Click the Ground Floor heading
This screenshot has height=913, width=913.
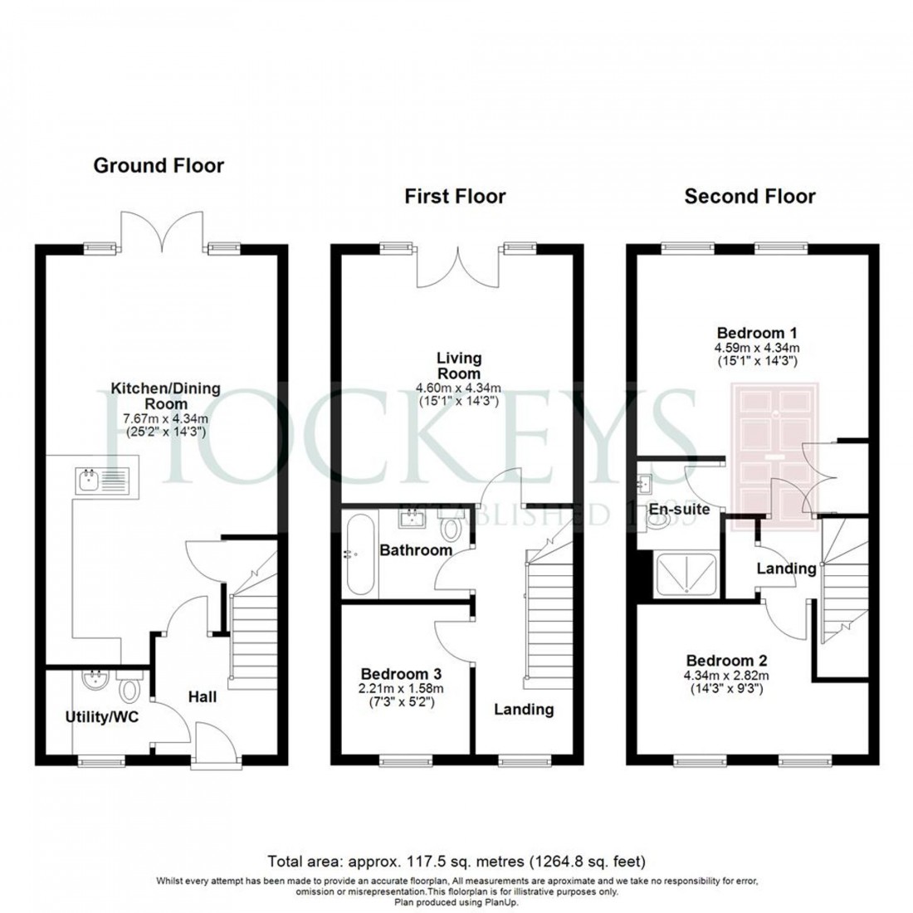tap(158, 165)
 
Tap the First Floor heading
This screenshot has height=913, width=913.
tap(455, 196)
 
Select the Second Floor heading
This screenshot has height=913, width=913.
tap(749, 196)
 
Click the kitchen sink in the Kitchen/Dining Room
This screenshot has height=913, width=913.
tap(99, 479)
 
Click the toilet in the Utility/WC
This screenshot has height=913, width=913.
tap(129, 688)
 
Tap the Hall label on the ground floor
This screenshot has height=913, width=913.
tap(202, 696)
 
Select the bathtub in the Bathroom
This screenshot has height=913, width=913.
tap(360, 554)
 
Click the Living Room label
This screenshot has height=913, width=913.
tap(459, 365)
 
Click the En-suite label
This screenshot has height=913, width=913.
tap(679, 509)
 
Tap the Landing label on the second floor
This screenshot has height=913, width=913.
tap(786, 569)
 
